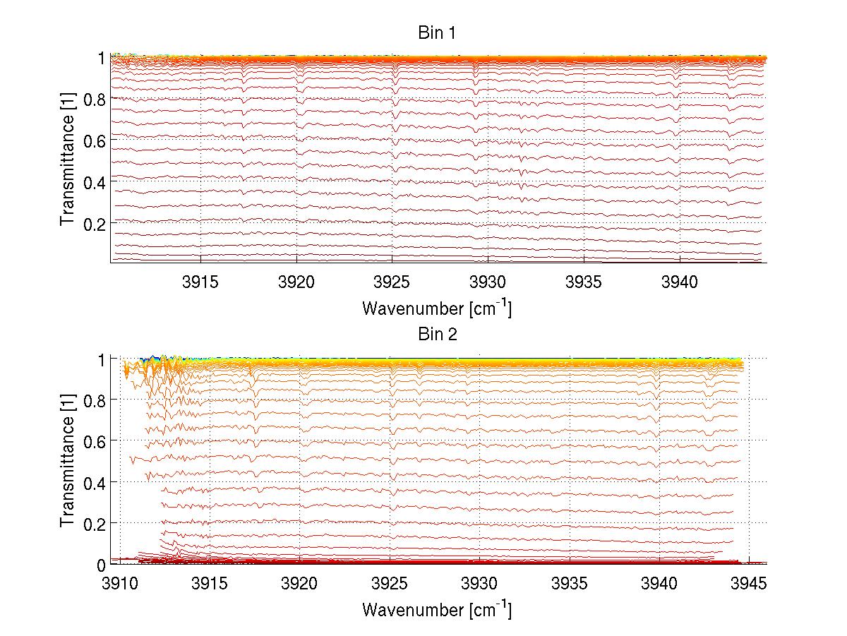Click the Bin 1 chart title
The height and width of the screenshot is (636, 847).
438,34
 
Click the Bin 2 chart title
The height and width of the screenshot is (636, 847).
438,335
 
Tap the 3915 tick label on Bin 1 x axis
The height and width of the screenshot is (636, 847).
201,283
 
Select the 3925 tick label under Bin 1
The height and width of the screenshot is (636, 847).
392,283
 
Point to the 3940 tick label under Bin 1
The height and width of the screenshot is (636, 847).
679,283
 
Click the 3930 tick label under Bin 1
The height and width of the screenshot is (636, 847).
488,283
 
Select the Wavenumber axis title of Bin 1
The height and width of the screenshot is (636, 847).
437,308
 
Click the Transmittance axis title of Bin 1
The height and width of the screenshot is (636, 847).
68,160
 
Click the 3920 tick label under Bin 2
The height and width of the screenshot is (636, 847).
300,584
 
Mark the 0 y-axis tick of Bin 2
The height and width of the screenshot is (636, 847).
101,564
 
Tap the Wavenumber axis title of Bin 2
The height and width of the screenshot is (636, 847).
437,609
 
